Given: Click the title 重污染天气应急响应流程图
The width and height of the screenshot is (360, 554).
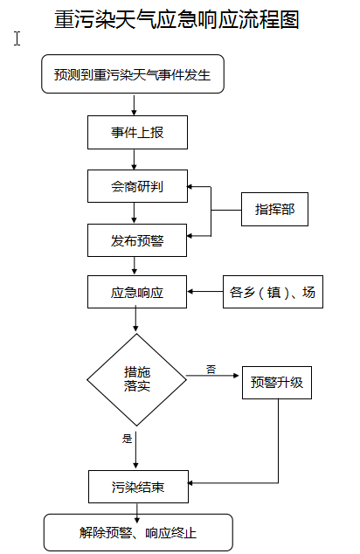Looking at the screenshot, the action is (x=177, y=19).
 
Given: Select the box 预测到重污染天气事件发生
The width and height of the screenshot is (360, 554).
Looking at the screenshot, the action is (x=133, y=74).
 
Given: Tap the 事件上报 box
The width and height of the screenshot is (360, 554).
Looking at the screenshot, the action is (x=137, y=132).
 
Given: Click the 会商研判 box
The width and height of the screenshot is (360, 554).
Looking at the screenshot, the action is (x=137, y=186).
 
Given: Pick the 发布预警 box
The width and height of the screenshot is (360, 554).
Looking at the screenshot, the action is (x=137, y=240).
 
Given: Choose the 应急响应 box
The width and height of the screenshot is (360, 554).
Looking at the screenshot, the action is (x=137, y=292).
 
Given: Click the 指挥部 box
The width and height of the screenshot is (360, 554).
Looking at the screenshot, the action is (x=274, y=209).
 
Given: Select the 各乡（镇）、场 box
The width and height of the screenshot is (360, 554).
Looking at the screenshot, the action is (x=273, y=292).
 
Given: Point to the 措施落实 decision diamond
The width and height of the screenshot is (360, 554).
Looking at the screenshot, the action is (x=136, y=380).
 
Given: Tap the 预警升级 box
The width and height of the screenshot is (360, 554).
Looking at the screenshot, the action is (x=277, y=383).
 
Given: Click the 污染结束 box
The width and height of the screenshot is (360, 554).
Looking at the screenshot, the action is (x=138, y=487).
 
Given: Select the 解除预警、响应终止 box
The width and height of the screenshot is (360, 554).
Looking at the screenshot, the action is (x=138, y=532).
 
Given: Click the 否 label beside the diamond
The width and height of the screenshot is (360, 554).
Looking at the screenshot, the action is (x=211, y=370).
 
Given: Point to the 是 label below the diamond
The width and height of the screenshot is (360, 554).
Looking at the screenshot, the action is (x=127, y=439).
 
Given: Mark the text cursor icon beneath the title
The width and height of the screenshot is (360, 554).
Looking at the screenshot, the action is (x=17, y=38).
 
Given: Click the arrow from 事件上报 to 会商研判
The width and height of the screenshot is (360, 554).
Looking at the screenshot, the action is (x=134, y=159).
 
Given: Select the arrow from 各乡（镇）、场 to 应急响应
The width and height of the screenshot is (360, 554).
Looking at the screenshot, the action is (x=205, y=292).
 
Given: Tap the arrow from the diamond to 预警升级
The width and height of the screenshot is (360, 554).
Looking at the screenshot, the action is (x=213, y=376).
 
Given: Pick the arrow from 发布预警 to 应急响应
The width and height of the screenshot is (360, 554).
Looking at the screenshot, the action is (x=135, y=266).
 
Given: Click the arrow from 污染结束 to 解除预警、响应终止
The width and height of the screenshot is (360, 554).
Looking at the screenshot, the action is (x=137, y=513).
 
